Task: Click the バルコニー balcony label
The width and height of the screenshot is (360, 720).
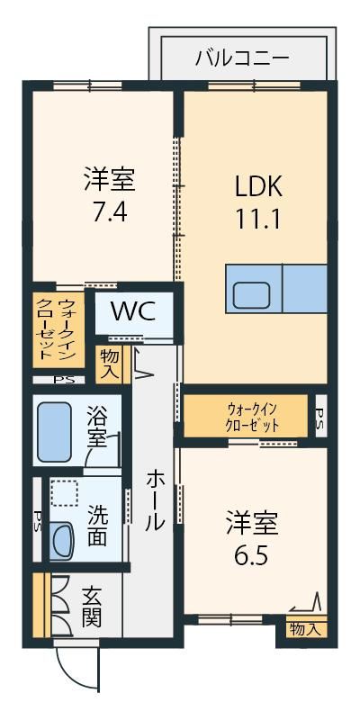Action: click(242, 58)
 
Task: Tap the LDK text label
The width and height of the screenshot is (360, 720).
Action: click(258, 186)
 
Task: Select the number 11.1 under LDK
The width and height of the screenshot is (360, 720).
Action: click(258, 220)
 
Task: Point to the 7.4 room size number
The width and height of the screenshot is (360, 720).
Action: click(109, 212)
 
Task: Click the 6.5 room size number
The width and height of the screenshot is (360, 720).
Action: click(252, 556)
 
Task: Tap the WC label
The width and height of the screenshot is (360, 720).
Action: click(133, 312)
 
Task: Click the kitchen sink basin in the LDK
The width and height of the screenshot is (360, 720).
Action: click(251, 296)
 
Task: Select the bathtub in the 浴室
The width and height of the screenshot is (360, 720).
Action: click(54, 432)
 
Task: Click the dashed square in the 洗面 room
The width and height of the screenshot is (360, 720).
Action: click(65, 494)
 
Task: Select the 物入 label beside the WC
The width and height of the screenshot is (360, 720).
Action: click(109, 364)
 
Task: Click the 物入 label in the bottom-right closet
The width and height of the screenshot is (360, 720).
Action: click(305, 630)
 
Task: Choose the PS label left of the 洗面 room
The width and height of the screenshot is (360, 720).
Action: click(37, 519)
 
